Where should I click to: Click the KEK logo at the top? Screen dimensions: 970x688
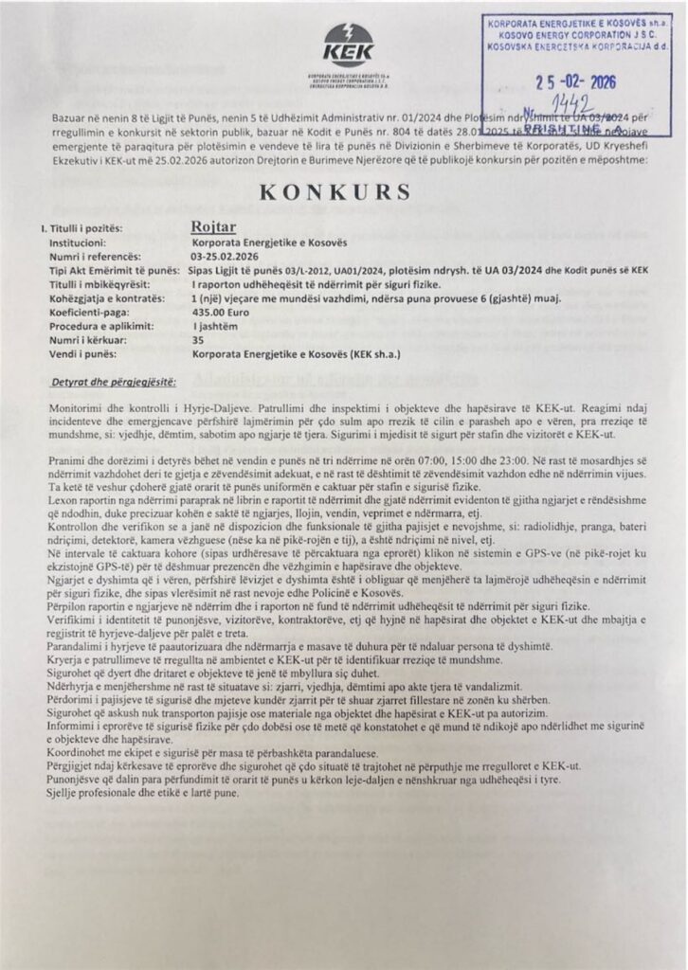click(348, 45)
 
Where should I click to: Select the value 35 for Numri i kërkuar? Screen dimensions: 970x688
click(197, 337)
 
